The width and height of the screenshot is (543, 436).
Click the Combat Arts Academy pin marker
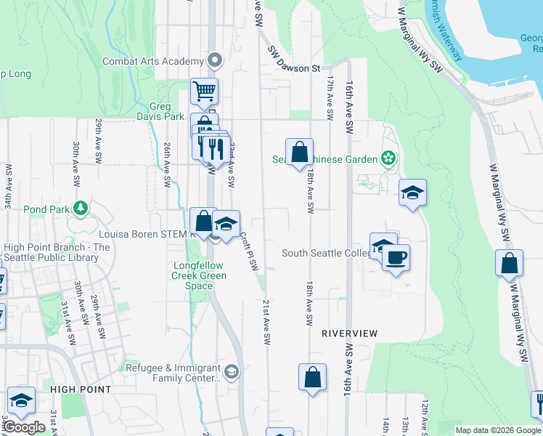(215, 61)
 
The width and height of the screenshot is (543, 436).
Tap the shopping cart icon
(204, 92)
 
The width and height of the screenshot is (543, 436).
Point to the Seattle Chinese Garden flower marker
(388, 158)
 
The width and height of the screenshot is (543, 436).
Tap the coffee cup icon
(396, 258)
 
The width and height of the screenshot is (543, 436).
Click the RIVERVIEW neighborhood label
(350, 333)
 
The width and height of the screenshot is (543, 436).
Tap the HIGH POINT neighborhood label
(81, 389)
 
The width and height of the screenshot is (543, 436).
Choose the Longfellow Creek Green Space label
(199, 275)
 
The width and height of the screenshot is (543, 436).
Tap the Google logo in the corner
(24, 427)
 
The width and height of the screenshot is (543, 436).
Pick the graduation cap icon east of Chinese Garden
(412, 193)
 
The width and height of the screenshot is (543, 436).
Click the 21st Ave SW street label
(266, 322)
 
